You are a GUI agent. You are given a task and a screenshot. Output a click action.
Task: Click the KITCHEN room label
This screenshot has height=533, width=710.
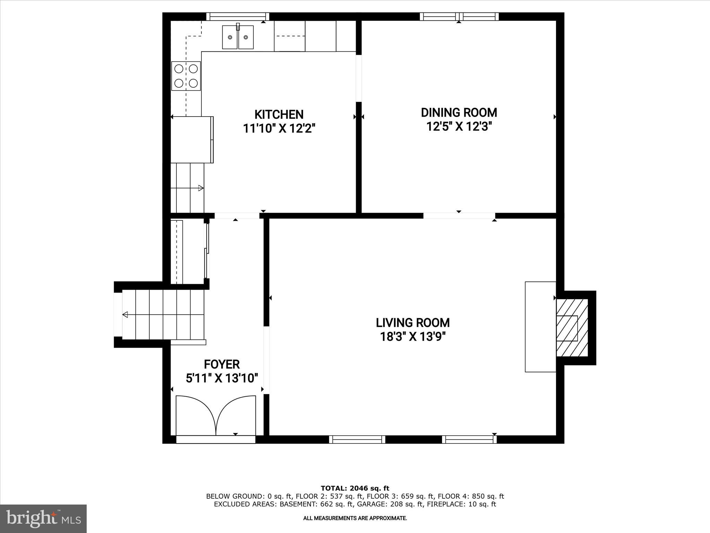pos(279,114)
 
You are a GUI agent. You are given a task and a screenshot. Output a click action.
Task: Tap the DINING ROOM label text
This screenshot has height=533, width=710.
pos(459,112)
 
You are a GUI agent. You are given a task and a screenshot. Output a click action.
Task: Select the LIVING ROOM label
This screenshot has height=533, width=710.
pos(413,323)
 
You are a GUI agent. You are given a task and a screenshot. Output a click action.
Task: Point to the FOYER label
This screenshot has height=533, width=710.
pos(222,364)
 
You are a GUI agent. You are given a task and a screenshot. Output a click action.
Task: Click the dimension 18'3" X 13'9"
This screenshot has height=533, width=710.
pos(413,337)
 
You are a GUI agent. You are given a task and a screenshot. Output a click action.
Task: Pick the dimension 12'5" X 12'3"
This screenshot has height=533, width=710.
pos(459,127)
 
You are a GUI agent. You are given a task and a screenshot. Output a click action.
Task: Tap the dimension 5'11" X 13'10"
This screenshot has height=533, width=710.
pos(222,378)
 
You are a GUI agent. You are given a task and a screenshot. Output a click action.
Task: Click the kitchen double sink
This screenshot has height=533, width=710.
pos(238,37)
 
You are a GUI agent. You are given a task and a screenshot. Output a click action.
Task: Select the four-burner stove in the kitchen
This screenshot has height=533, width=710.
pos(186,76)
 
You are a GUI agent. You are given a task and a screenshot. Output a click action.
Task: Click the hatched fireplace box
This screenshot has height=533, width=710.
pos(572,328)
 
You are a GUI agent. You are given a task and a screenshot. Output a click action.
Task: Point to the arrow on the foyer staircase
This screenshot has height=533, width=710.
pos(125,315)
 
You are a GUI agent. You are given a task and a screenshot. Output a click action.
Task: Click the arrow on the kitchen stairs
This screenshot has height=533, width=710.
pos(200,188)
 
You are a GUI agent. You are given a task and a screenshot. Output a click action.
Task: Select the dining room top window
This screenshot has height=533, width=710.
pos(459,16)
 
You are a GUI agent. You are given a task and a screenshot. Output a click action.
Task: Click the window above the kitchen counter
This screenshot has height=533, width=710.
pos(238,16)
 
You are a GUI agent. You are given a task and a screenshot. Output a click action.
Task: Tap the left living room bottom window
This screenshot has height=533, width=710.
pos(357,439)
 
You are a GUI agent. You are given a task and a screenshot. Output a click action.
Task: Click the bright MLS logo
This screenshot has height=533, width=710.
pos(43,519)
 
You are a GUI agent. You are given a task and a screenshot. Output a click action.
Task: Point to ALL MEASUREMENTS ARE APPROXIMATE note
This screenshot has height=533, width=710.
pos(355,518)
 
